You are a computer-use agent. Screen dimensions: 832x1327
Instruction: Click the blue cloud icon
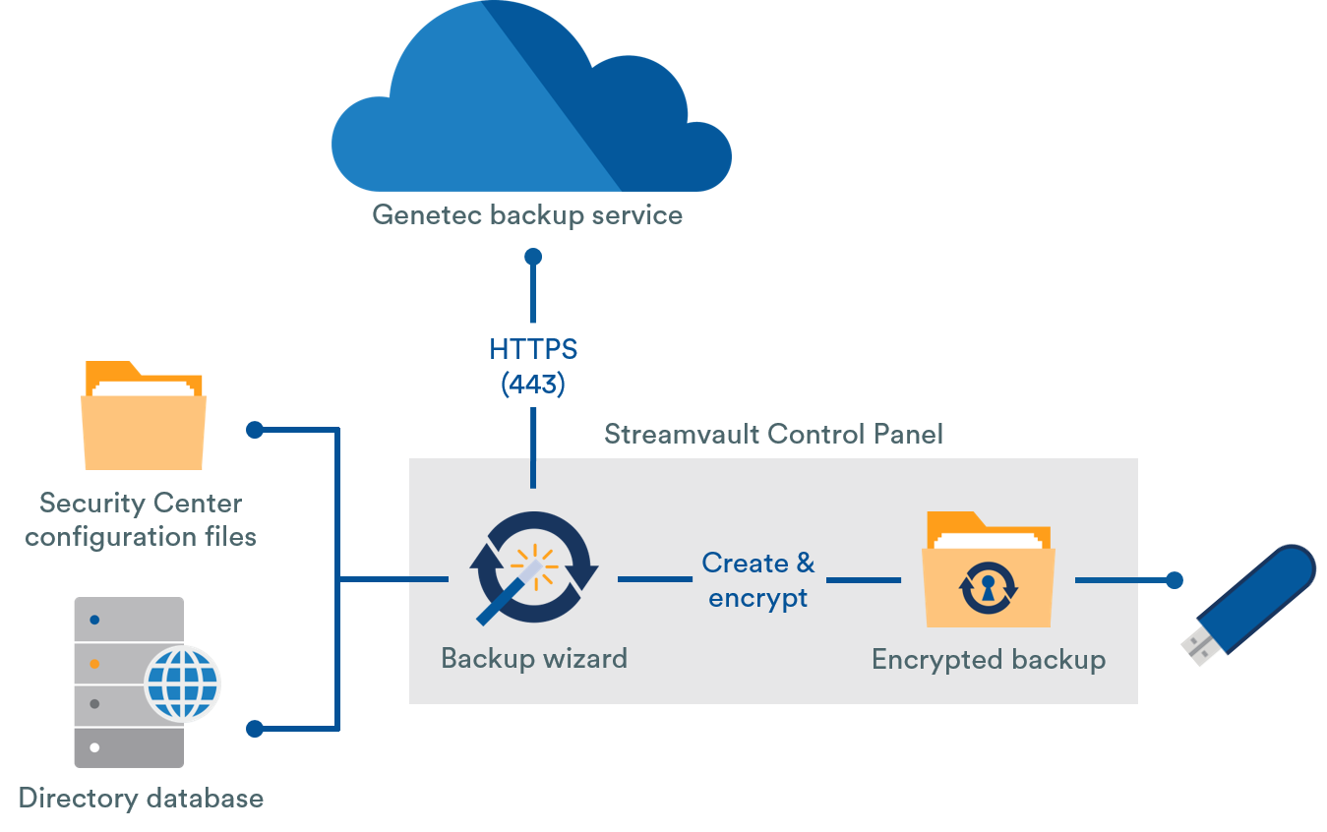point(531,108)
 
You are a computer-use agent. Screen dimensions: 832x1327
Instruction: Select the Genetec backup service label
point(527,215)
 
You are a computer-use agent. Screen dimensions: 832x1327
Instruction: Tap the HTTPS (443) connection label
point(533,366)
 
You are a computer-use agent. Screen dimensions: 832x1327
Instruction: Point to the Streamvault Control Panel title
point(773,434)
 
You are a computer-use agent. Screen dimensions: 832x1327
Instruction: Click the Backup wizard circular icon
point(532,568)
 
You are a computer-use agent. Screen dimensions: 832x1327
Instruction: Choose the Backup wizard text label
point(534,658)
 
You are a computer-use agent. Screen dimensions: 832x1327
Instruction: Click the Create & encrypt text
point(758,580)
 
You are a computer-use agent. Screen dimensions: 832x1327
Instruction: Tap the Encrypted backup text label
point(989,659)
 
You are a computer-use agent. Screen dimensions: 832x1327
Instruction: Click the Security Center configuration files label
point(141,519)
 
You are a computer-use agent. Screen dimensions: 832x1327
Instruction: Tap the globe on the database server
point(183,681)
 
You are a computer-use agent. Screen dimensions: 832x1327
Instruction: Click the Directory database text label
point(141,798)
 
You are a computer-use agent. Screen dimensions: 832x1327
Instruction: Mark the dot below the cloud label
point(533,257)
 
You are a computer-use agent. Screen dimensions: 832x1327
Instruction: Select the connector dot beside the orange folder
point(255,430)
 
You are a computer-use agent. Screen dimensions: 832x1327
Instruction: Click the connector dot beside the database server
point(255,729)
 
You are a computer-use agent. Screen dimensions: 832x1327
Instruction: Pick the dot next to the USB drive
point(1174,580)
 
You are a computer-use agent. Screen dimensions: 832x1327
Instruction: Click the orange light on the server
point(94,664)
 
